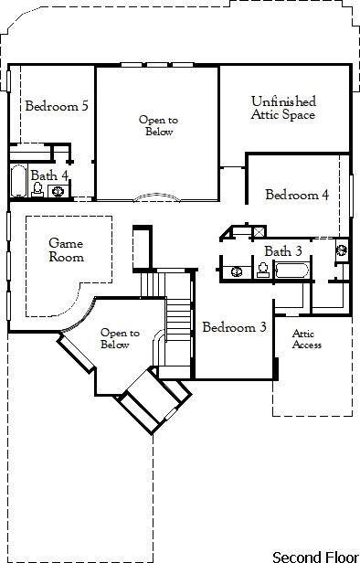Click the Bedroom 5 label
(56, 106)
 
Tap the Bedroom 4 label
(297, 195)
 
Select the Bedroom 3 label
(234, 327)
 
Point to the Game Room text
(66, 250)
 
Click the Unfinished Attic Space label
(283, 108)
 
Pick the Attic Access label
(306, 339)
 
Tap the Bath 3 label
(282, 251)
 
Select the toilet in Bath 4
(37, 189)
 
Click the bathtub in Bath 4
(17, 182)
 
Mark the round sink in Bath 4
(58, 191)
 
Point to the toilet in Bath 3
(262, 270)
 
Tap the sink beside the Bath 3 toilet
(238, 271)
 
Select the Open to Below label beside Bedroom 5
(157, 125)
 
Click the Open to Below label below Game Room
(119, 339)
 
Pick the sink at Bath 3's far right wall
(342, 248)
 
